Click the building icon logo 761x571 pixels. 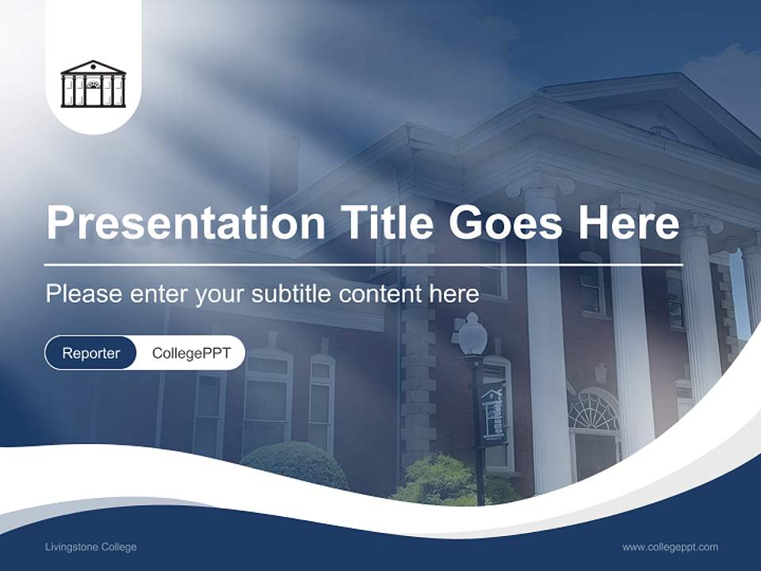[93, 83]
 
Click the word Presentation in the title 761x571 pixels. [185, 223]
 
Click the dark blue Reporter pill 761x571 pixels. [90, 353]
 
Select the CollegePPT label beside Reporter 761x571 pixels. [191, 353]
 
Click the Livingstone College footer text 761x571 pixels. [90, 547]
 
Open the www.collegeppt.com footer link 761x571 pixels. [670, 547]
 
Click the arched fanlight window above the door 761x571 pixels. [595, 410]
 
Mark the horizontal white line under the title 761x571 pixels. [363, 264]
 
